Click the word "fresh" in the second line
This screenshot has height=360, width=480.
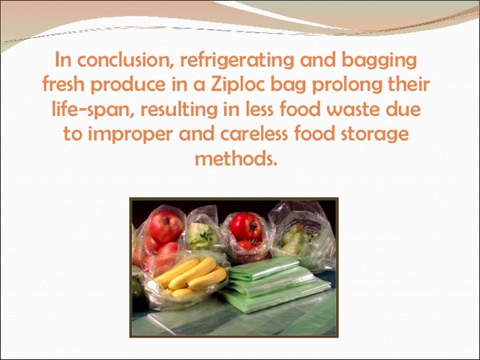(x=65, y=86)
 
